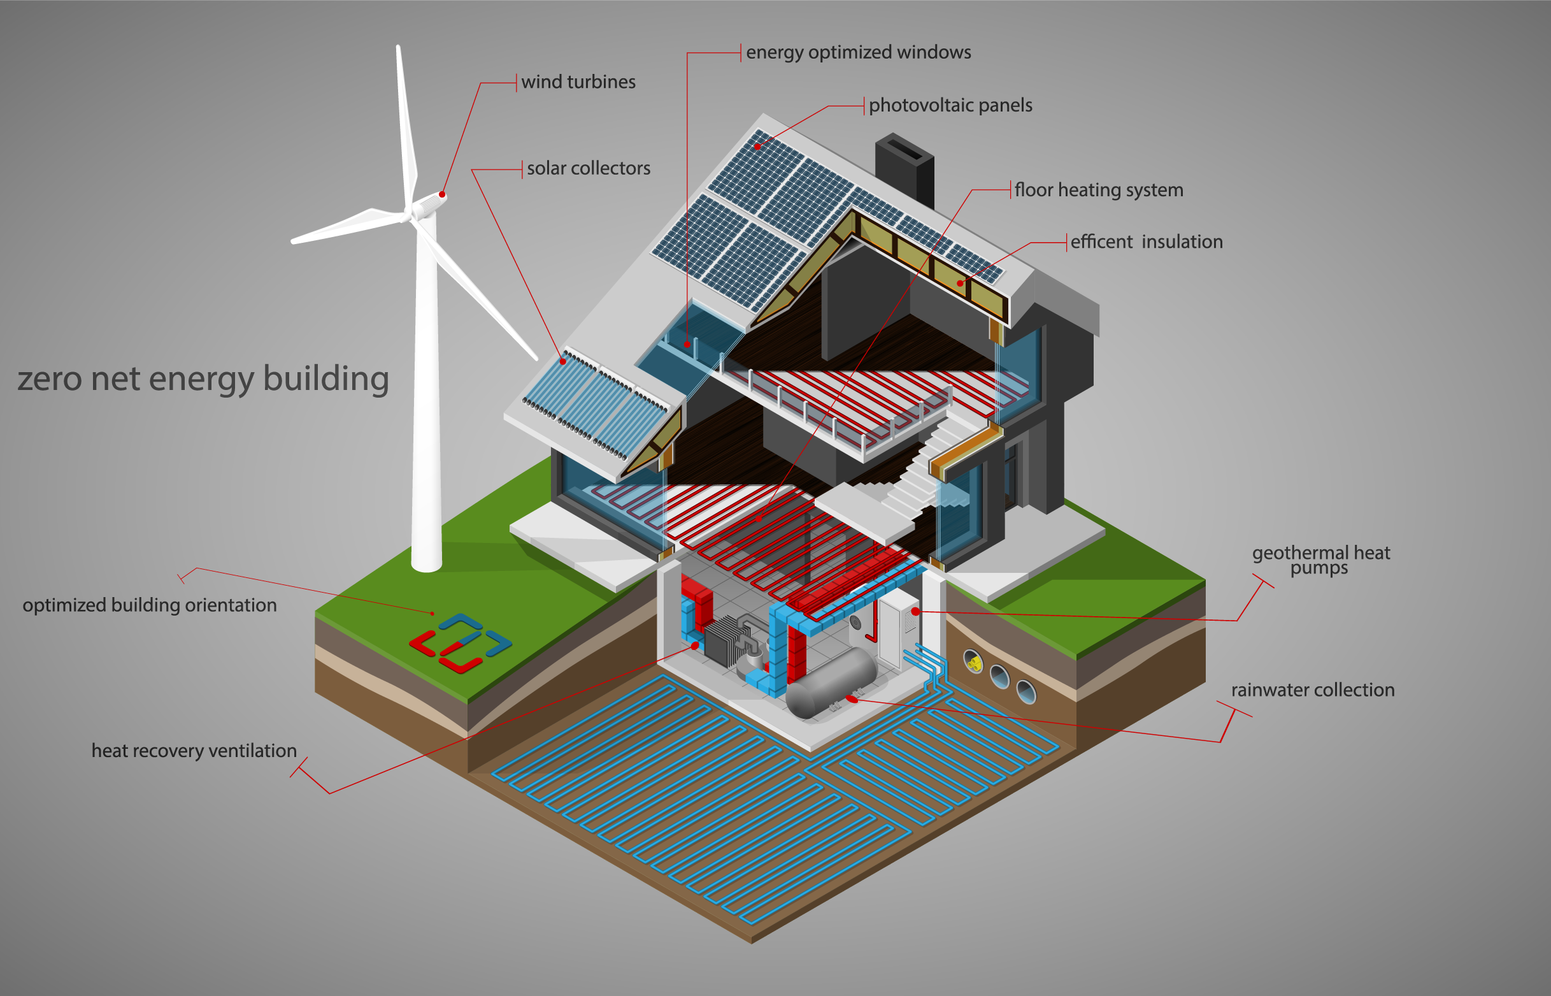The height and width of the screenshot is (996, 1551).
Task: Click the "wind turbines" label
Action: pyautogui.click(x=578, y=82)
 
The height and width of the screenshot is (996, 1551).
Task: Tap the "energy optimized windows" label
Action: pyautogui.click(x=858, y=52)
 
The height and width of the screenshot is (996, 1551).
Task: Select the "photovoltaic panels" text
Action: pyautogui.click(x=950, y=105)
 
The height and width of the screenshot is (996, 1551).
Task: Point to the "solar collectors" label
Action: pyautogui.click(x=588, y=169)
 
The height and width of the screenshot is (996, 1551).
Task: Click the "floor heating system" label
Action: pyautogui.click(x=1098, y=190)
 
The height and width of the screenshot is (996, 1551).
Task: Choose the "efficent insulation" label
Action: pyautogui.click(x=1147, y=242)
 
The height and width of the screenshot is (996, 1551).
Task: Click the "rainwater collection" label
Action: pyautogui.click(x=1312, y=690)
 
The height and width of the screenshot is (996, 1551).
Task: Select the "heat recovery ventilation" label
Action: pyautogui.click(x=194, y=751)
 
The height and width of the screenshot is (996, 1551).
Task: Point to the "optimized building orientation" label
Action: pyautogui.click(x=149, y=605)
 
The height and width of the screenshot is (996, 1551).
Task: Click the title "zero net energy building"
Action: pyautogui.click(x=203, y=379)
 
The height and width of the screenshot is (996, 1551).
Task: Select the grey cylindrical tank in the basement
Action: pyautogui.click(x=831, y=683)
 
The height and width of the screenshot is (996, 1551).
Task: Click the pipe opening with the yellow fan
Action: pyautogui.click(x=973, y=661)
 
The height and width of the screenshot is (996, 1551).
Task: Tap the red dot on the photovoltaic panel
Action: pyautogui.click(x=757, y=147)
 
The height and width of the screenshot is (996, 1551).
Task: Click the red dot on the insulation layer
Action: pyautogui.click(x=960, y=284)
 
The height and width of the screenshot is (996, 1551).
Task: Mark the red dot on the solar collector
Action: pyautogui.click(x=562, y=361)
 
